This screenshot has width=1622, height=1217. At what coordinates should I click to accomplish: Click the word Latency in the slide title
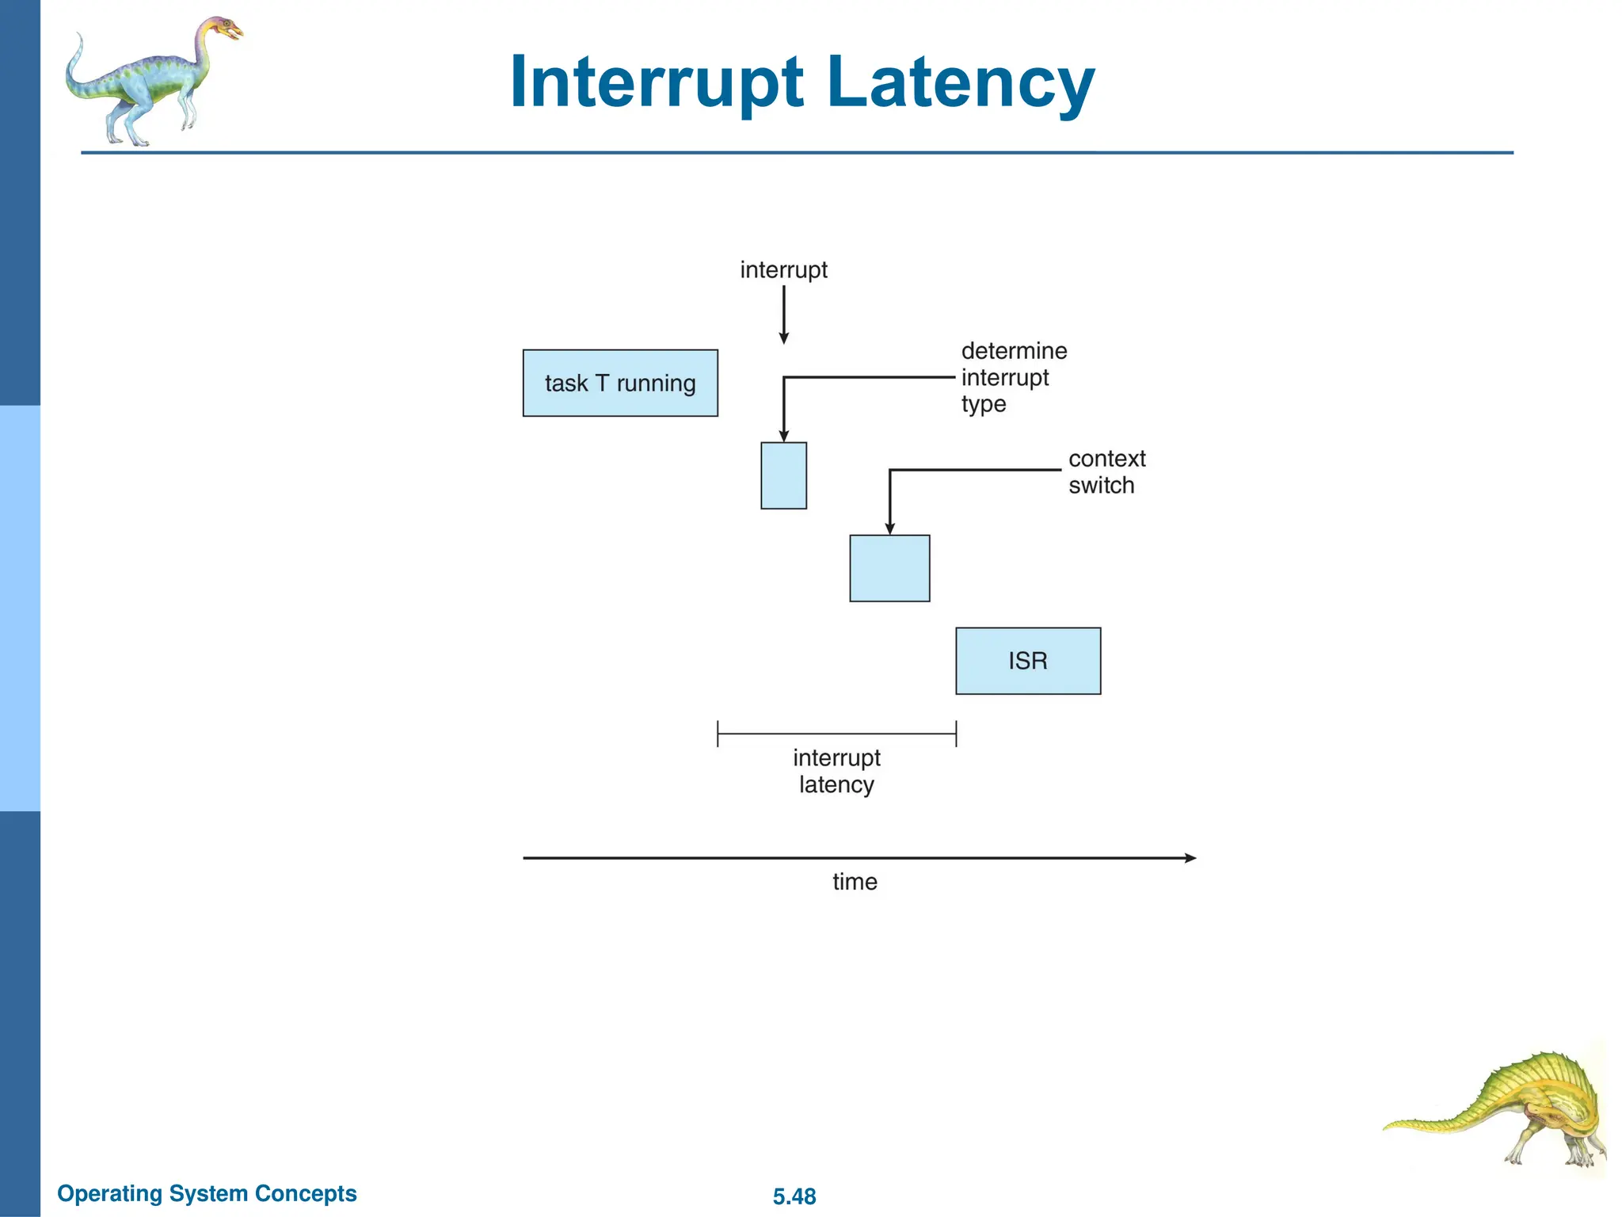[960, 82]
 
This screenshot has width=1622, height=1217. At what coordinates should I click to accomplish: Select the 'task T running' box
[620, 383]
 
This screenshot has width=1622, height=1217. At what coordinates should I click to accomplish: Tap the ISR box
[1028, 661]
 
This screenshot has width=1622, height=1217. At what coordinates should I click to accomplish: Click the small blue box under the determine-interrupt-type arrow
[783, 475]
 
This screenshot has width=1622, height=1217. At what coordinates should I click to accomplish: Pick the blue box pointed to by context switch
[889, 568]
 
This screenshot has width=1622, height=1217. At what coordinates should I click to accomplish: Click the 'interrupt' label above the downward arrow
[783, 270]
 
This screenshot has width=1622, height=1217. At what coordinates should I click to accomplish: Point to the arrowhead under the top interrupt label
[783, 338]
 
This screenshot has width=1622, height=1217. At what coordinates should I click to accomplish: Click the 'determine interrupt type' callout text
[1013, 377]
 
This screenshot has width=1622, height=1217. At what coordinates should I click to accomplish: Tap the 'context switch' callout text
[1106, 471]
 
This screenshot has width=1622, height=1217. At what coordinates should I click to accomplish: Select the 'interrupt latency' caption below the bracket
[836, 771]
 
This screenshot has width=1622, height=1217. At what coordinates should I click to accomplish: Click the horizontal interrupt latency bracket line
[836, 734]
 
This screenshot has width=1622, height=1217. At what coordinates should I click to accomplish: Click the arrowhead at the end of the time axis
[1190, 858]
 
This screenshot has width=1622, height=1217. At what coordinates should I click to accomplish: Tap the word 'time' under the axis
[855, 882]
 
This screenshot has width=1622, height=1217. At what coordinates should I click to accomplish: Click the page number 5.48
[794, 1196]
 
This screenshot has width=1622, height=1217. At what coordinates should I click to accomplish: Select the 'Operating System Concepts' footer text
[207, 1193]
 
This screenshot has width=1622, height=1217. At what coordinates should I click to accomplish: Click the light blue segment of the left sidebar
[20, 608]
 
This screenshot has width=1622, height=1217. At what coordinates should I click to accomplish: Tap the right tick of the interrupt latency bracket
[956, 734]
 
